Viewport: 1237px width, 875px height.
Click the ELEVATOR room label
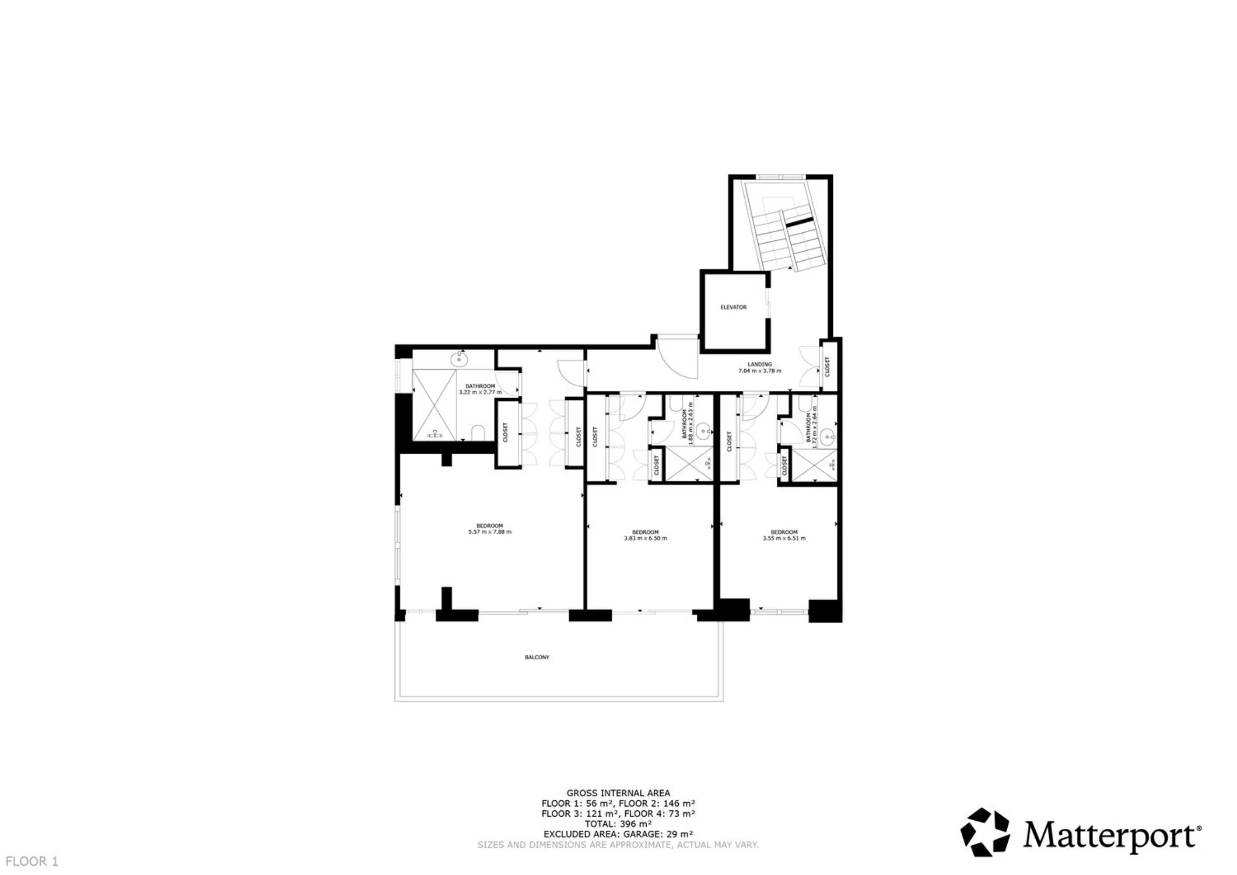(733, 307)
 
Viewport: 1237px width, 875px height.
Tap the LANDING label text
(759, 365)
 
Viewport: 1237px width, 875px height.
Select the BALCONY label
(537, 657)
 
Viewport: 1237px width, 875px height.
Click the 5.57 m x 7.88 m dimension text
(490, 532)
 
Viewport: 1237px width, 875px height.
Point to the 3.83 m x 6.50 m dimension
(645, 538)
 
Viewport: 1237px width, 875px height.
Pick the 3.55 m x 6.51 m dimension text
(784, 538)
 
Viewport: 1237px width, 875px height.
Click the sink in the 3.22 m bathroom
(460, 359)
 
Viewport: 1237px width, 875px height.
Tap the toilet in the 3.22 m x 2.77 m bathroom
(478, 433)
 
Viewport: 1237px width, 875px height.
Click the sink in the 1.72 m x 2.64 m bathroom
(828, 436)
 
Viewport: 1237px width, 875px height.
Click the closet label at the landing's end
(827, 366)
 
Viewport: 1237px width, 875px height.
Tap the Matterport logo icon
(985, 832)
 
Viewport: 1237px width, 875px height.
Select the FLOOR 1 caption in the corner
(32, 861)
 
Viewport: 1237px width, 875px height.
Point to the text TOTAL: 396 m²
(618, 824)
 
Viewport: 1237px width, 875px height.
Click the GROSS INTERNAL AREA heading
(618, 793)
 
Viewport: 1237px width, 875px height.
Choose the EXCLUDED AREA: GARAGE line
(618, 834)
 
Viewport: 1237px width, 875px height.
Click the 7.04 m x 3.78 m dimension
(759, 371)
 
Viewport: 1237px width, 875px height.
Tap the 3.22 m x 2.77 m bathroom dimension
(480, 393)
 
